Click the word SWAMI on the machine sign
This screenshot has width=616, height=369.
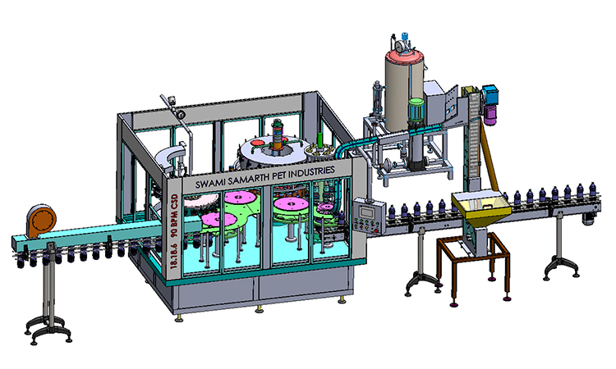click(x=209, y=182)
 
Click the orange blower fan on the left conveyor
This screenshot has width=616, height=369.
click(x=41, y=221)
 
